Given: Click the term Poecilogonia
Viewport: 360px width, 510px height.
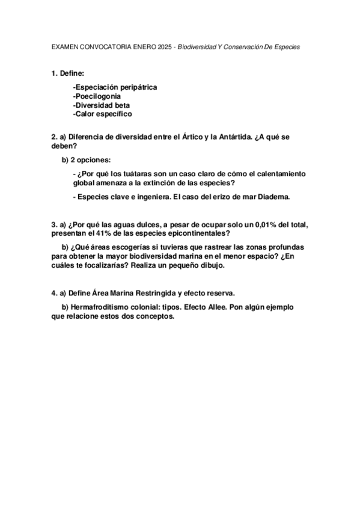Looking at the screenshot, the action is [97, 96].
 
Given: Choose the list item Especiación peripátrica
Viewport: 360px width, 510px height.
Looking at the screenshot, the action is [115, 87].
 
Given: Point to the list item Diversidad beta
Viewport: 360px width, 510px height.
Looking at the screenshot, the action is [101, 105].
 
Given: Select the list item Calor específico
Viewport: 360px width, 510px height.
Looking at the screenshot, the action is [102, 114].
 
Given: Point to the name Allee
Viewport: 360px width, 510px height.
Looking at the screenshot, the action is [216, 307].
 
